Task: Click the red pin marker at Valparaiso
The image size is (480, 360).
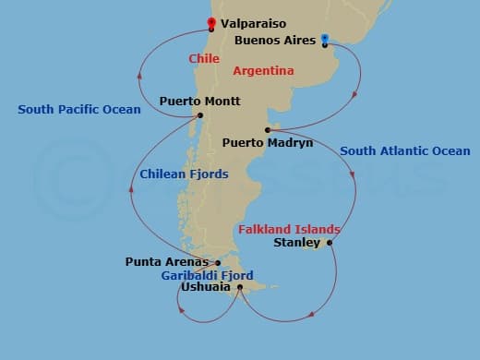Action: coord(211,23)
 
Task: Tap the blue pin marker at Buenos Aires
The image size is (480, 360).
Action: coord(325,40)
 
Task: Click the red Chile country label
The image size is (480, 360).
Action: coord(204,58)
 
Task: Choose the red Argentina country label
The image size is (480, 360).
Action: coord(263,70)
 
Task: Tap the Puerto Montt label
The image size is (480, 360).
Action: coord(200,102)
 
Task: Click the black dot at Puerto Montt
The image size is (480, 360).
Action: coord(200,115)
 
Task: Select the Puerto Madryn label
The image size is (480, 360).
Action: coord(268,143)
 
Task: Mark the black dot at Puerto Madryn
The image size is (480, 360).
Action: coord(267,129)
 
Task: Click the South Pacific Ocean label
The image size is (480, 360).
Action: coord(79,110)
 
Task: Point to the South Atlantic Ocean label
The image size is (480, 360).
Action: coord(404,150)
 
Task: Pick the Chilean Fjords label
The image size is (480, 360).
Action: coord(184,174)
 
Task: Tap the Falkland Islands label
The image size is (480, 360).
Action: coord(289,229)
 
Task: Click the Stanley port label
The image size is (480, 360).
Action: coord(297,244)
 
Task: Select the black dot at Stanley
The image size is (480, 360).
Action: coord(330,244)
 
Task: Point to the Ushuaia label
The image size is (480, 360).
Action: coord(205,287)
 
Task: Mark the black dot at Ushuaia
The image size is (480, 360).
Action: coord(240,287)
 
